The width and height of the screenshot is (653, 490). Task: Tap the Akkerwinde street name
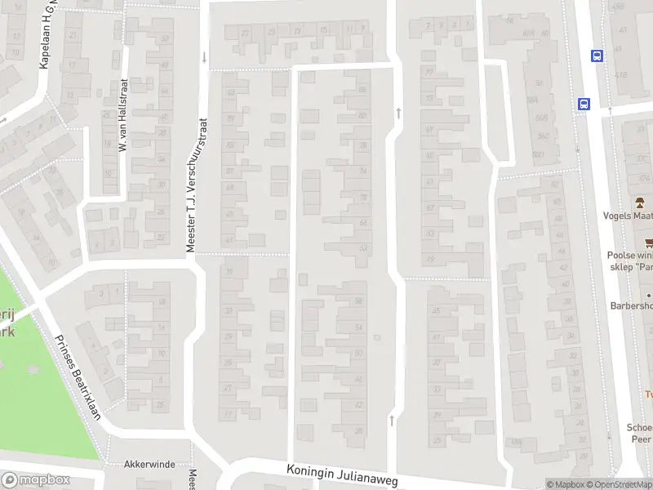tap(149, 464)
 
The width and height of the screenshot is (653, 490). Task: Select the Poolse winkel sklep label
tap(631, 261)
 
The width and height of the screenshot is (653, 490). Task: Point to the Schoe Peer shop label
tap(639, 433)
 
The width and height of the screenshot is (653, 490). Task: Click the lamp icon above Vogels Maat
tap(641, 202)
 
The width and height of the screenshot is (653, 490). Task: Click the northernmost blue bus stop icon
tap(597, 56)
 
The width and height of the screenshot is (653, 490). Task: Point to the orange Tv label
tap(649, 394)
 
